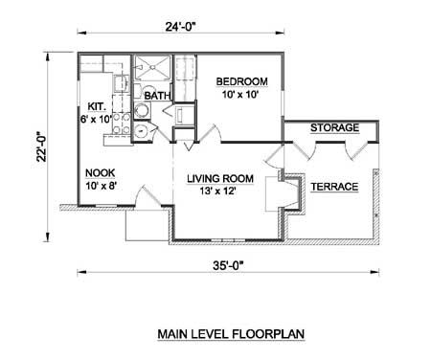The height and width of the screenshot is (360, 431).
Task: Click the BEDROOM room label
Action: [242, 81]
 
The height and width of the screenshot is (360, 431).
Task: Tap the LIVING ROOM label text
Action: [220, 178]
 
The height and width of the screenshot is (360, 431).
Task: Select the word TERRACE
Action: [334, 187]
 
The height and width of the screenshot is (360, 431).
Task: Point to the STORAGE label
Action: [334, 128]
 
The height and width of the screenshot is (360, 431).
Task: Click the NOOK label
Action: [100, 173]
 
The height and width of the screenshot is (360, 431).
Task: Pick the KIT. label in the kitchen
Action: [96, 106]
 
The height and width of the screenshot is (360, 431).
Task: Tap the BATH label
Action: [157, 96]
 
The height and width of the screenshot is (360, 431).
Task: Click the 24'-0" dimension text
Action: [180, 27]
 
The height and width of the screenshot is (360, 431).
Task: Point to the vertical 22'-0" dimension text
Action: [41, 146]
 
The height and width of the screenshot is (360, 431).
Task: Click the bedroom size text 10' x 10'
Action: [239, 95]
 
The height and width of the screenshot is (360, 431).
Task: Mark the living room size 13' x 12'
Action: [218, 191]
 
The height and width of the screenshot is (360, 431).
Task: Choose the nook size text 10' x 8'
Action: [100, 186]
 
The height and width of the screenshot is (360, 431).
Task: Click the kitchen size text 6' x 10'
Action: [96, 119]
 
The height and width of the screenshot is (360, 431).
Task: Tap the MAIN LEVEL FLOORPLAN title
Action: [231, 334]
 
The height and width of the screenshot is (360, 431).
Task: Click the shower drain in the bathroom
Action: [152, 67]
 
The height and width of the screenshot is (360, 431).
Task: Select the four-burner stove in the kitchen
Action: [122, 123]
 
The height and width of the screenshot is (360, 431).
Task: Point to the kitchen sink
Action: [120, 84]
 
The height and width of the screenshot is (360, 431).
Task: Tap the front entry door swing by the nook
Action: [147, 195]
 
